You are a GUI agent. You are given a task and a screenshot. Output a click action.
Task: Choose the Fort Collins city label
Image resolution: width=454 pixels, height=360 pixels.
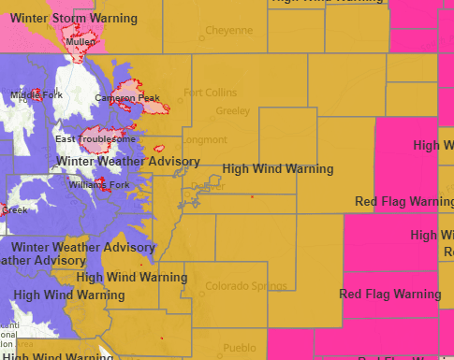211,93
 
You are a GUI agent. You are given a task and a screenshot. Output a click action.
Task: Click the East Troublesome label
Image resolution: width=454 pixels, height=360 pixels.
95,139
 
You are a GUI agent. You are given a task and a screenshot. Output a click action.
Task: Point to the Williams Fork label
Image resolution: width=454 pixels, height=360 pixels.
95,184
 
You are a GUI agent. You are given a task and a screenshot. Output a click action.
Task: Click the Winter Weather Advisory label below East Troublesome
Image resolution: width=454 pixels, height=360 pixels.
128,162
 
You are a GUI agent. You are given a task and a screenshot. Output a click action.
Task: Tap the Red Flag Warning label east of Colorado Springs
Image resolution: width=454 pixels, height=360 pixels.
390,295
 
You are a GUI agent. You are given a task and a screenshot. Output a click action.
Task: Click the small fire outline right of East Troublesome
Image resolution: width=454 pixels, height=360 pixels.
157,148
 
